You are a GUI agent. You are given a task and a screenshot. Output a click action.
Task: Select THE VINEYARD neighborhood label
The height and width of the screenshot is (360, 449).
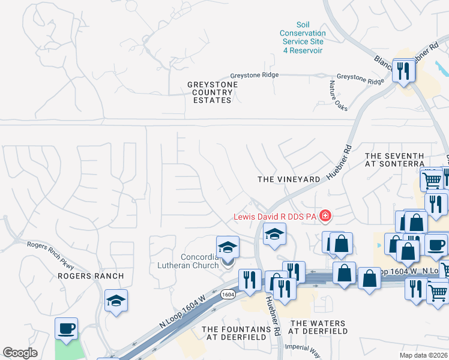point(289,179)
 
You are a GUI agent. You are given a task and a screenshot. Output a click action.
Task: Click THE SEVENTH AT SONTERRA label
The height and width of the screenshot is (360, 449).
point(394,160)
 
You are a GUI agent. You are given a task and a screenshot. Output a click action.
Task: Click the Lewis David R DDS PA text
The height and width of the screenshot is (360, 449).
point(276,216)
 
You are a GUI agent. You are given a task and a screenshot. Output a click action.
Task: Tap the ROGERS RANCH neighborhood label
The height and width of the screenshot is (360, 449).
point(90,276)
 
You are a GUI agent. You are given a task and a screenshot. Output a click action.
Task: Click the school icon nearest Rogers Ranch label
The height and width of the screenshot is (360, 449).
point(116,301)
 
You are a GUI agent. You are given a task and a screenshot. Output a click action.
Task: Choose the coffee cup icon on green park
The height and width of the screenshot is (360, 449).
point(67,328)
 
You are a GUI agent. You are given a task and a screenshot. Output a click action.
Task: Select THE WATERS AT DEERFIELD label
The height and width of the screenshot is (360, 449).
point(319,327)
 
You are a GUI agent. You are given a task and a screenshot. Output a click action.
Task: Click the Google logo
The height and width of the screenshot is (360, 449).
point(20,353)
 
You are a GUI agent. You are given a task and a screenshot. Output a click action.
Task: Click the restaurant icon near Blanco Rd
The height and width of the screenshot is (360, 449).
point(403,70)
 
